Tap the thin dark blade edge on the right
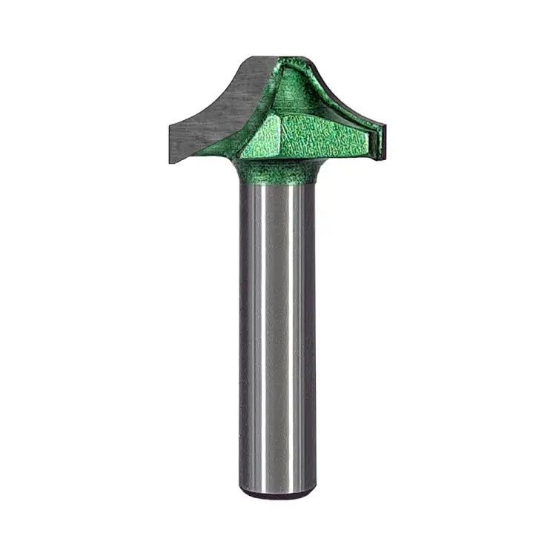[383, 141]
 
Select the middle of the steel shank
[278, 334]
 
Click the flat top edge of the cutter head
[285, 56]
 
